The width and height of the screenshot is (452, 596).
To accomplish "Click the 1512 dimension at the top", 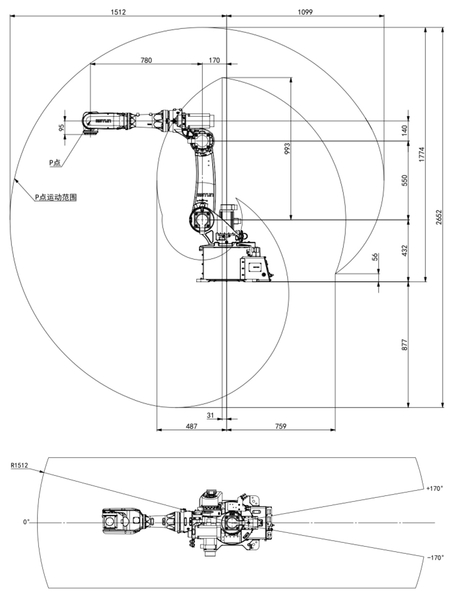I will click(118, 11).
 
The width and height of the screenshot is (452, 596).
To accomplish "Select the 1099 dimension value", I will click(305, 11).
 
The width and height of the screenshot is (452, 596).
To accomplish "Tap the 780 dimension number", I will click(146, 60).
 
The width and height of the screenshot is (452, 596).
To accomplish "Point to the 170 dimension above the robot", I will click(214, 60).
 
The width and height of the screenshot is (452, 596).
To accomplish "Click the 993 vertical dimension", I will click(287, 149).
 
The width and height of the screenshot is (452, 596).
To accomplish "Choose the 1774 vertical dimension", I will click(421, 154).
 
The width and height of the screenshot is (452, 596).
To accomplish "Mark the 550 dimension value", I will click(404, 180).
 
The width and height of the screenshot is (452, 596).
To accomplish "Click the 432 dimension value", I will click(404, 251).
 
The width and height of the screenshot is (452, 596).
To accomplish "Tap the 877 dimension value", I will click(404, 344).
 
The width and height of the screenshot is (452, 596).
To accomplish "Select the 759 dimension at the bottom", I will click(280, 426).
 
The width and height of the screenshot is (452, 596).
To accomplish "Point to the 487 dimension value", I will click(190, 426).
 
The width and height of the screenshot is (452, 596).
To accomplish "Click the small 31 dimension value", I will click(211, 415).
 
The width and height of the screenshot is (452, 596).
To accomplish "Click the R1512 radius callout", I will click(19, 466).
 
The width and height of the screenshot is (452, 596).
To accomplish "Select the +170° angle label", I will click(434, 488).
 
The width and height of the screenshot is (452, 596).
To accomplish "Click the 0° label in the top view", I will click(26, 522).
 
